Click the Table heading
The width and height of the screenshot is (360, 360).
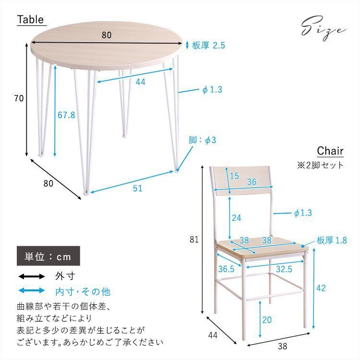pos(31,20)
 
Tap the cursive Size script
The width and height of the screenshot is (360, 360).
pos(323,28)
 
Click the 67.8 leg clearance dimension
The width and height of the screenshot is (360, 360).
pos(66,115)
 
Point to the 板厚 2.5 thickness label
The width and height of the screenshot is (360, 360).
pos(208,46)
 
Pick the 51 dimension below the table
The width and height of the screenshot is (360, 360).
pos(138,189)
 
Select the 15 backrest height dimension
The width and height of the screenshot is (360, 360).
pos(234,176)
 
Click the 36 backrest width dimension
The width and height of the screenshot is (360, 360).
pos(251,182)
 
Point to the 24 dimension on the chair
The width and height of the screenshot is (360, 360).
pos(236,217)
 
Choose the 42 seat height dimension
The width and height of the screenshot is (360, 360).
pos(321,288)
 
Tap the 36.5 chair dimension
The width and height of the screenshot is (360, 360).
pos(226,269)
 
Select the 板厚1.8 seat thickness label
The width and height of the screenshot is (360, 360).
pos(331,240)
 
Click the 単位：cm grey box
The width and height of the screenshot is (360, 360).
pos(48,256)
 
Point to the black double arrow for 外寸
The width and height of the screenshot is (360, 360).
pos(31,276)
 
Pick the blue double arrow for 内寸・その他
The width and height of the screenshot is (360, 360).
pos(31,291)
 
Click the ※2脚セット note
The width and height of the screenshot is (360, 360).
pos(320,165)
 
